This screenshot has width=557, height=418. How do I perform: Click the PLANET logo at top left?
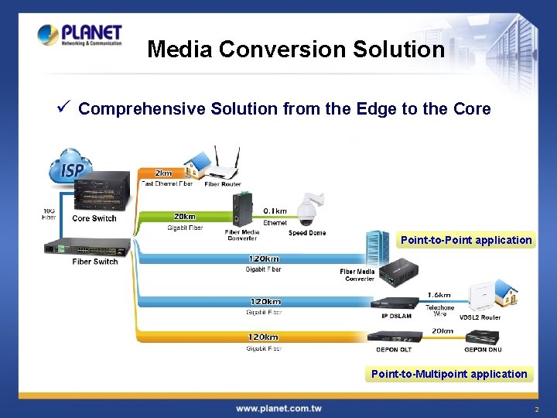pos(80,35)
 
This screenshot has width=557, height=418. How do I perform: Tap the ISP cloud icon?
pos(71,168)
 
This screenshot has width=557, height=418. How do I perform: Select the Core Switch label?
pos(94,218)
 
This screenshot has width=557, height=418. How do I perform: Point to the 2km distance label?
pos(163,173)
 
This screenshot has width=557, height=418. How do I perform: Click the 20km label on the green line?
pos(184,217)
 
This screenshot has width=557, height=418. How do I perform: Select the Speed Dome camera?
pos(312,209)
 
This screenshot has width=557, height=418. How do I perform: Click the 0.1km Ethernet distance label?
pos(275,211)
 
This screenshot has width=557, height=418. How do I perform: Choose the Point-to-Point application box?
pos(466,240)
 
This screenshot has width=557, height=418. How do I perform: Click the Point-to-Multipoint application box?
pos(449,374)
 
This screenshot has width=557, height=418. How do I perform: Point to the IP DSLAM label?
pos(396,316)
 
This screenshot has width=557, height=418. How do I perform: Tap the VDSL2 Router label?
pos(480,317)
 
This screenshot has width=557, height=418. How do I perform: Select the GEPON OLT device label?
pos(394,350)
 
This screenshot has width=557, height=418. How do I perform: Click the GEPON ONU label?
pos(482,350)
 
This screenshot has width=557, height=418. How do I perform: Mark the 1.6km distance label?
pos(439,295)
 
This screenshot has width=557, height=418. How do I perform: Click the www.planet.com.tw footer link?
pos(278,408)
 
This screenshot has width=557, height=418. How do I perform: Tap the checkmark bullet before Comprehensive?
pos(66,108)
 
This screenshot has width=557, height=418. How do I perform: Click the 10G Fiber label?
pos(49,214)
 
